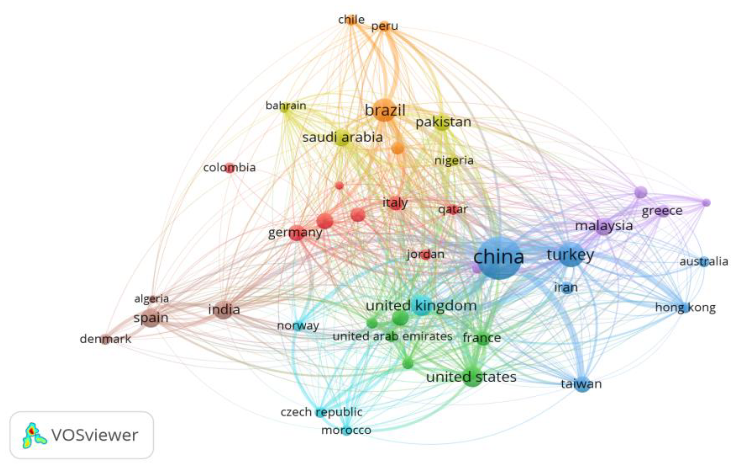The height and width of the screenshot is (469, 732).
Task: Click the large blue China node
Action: (x=499, y=258)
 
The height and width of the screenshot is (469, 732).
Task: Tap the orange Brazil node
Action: (x=385, y=110)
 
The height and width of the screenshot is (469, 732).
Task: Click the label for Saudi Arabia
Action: (x=342, y=137)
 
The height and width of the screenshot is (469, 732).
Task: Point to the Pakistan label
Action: (x=443, y=122)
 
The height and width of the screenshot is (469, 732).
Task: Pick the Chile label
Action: (x=351, y=20)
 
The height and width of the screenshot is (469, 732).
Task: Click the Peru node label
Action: (x=384, y=26)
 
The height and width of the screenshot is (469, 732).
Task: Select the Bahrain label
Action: (x=286, y=106)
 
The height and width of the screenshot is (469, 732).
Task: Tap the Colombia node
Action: (x=230, y=168)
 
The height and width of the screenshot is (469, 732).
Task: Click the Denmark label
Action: (x=105, y=339)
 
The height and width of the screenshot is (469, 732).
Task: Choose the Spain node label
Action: (x=151, y=318)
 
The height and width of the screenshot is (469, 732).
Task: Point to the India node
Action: (x=224, y=310)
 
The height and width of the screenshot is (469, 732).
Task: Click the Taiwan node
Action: (x=582, y=384)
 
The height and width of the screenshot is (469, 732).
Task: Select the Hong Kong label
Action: (x=686, y=308)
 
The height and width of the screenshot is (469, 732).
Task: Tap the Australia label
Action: (x=704, y=262)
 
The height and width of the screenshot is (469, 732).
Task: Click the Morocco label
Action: (x=346, y=430)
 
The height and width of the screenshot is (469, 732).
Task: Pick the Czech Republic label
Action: (x=321, y=412)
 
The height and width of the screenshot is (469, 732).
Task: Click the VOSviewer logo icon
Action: (x=34, y=435)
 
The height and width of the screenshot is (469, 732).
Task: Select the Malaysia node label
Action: (x=604, y=226)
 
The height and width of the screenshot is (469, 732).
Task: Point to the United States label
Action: (x=471, y=377)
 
